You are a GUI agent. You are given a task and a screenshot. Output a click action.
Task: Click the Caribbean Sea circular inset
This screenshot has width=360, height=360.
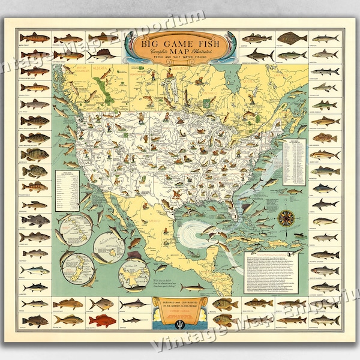pyautogui.click(x=135, y=268)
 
